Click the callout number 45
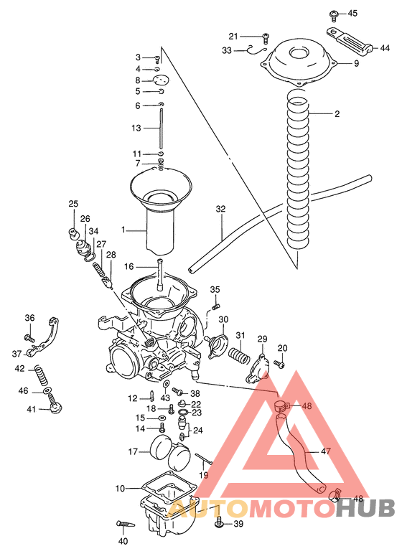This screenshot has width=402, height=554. click(x=352, y=14)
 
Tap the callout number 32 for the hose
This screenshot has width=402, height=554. click(x=221, y=209)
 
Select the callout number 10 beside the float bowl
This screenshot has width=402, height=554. click(x=120, y=488)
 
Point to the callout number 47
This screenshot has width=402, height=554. click(x=326, y=452)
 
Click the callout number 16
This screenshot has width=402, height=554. click(x=128, y=266)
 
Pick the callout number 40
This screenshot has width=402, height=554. click(x=123, y=540)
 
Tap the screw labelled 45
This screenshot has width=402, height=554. click(x=334, y=14)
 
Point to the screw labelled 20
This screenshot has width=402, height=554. click(x=280, y=365)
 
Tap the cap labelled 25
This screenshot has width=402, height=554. click(x=73, y=231)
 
